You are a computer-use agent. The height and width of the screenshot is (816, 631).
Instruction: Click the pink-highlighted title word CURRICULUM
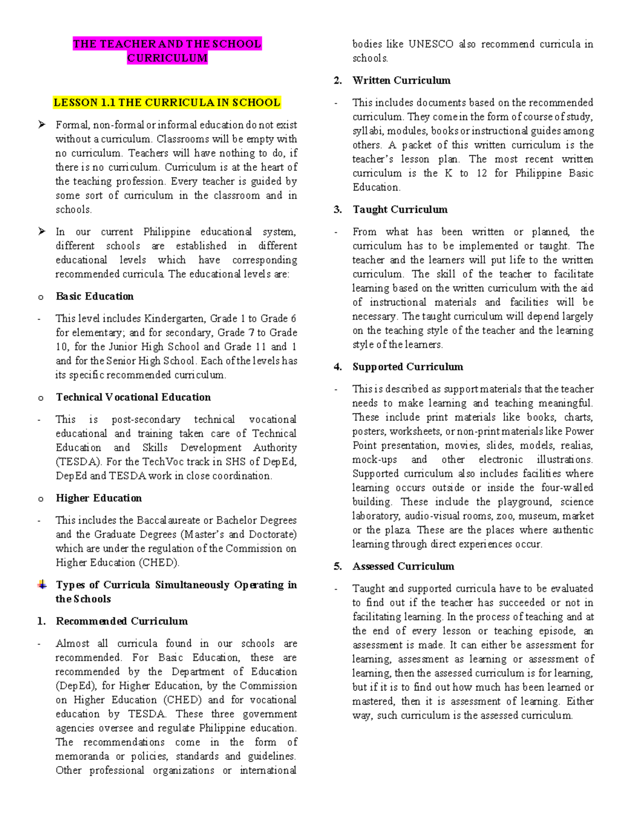pyautogui.click(x=167, y=58)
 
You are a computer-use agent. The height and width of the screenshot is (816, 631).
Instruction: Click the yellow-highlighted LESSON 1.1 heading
pyautogui.click(x=167, y=102)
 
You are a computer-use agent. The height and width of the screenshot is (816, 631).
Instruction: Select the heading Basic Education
pyautogui.click(x=95, y=296)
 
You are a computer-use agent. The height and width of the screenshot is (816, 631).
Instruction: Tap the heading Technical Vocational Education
pyautogui.click(x=133, y=397)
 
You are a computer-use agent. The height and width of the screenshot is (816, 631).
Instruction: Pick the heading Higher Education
pyautogui.click(x=99, y=498)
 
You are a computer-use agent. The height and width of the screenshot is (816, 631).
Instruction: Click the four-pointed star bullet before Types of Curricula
pyautogui.click(x=42, y=585)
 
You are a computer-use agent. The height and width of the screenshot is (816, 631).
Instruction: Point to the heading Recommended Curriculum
pyautogui.click(x=121, y=621)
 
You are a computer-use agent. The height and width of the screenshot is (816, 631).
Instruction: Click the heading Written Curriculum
pyautogui.click(x=401, y=80)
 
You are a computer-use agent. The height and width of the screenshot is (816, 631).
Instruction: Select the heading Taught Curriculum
pyautogui.click(x=400, y=210)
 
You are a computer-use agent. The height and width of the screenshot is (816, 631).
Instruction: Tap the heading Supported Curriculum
pyautogui.click(x=408, y=367)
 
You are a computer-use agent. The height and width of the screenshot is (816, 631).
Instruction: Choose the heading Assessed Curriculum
pyautogui.click(x=403, y=566)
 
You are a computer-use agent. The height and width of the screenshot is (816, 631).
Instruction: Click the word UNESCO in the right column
pyautogui.click(x=431, y=44)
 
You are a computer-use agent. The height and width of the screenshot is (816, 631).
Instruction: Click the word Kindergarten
pyautogui.click(x=174, y=318)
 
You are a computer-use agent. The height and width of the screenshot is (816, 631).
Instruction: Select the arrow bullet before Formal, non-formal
pyautogui.click(x=42, y=125)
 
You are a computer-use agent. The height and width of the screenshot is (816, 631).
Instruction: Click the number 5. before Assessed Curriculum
pyautogui.click(x=338, y=566)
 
